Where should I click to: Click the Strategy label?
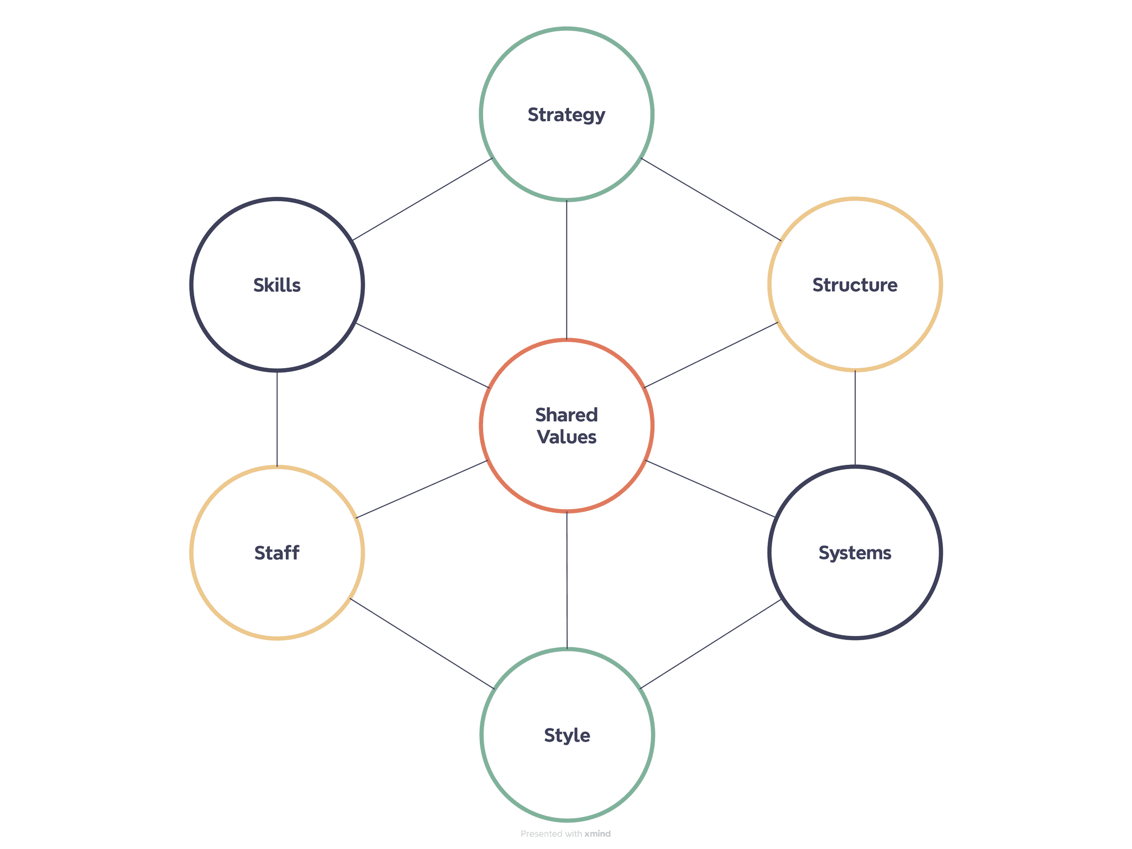coord(566,115)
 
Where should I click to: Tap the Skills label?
coord(277,285)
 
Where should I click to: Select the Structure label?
coord(855,285)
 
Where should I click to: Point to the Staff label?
coord(277,553)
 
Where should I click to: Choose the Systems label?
coord(855,553)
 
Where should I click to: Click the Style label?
coord(567,735)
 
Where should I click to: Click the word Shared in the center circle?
coord(567,415)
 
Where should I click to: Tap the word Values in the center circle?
coord(567,437)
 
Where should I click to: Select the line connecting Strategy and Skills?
coord(423,199)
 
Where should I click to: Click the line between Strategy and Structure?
coord(711,200)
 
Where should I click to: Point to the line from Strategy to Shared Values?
coord(567,270)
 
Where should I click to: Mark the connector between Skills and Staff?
coord(277,418)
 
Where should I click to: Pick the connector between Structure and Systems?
coord(855,418)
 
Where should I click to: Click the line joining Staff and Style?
coord(422,644)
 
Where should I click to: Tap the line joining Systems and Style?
coord(710,644)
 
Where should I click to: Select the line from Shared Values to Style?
coord(567,580)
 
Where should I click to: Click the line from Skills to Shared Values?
coord(423,355)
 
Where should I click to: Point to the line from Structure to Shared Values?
coord(711,355)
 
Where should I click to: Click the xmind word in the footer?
coord(598,834)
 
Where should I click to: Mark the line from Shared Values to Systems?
coord(710,489)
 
